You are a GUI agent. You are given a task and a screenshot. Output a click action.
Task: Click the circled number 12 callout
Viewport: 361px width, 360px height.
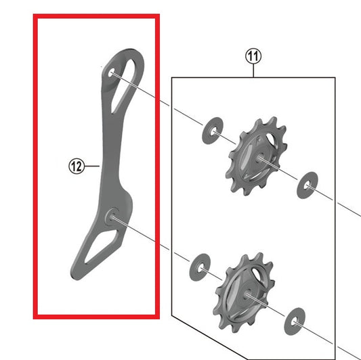coord(77,166)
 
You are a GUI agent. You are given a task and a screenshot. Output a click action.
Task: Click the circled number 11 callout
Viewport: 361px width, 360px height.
coord(253,56)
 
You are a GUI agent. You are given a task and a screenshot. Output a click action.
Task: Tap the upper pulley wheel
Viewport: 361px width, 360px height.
coord(256,156)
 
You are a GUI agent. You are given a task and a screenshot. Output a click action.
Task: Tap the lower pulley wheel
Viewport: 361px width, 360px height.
coord(244,292)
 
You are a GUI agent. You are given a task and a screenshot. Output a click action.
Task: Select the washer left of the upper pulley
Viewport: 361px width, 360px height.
coord(212,131)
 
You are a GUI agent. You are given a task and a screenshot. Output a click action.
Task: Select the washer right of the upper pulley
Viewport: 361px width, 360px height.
coord(307,185)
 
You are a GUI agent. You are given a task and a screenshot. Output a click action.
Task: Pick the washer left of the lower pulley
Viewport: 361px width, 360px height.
coord(200,267)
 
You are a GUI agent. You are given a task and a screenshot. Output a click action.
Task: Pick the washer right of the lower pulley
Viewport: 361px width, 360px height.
coord(295,321)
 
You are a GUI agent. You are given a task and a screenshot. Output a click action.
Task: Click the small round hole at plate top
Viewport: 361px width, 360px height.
coord(111,72)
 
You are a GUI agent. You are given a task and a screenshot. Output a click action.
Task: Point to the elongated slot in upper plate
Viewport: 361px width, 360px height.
coord(123,86)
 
